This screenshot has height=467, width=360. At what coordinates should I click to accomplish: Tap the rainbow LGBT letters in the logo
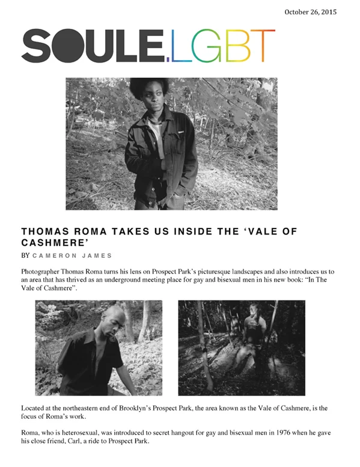point(223,47)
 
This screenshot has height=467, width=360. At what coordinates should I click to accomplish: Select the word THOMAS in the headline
point(46,231)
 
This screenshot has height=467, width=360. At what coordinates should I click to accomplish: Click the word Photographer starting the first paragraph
point(41,272)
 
